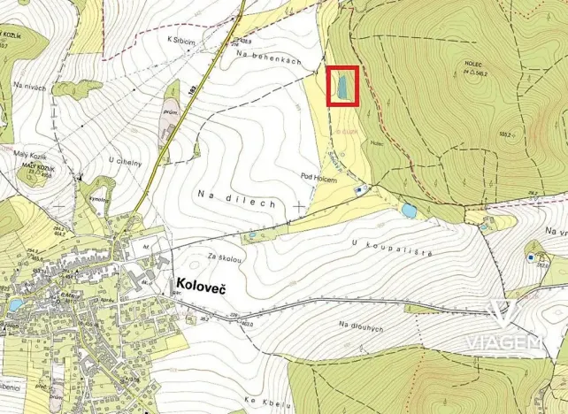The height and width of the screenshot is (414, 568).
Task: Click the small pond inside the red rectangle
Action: [340, 88]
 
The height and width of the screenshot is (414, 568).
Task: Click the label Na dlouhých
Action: [361, 326]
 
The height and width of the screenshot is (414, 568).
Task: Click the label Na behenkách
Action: [269, 57]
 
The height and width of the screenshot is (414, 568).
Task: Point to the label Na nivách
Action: [29, 86]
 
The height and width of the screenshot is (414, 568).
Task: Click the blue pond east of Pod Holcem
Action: [409, 211]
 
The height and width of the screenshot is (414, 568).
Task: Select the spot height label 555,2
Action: [506, 134]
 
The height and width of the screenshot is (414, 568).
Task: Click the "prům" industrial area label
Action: [171, 113]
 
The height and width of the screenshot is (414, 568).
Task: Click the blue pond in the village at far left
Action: [15, 305]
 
